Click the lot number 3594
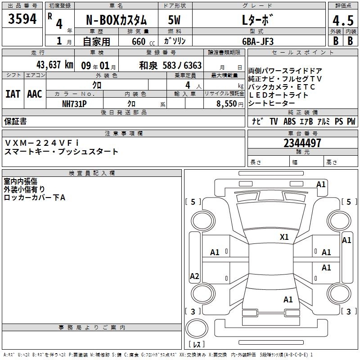22,19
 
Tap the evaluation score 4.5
343,20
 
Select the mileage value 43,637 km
55,65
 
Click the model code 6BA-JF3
258,41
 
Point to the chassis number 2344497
302,143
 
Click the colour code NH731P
74,104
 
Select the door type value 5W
174,20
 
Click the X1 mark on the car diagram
284,237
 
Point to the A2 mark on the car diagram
194,276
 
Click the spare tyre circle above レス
197,328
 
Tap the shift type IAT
13,94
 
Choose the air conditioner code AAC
35,94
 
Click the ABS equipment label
289,121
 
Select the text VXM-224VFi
42,143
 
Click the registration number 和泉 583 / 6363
171,65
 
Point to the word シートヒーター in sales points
271,103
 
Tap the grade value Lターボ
257,20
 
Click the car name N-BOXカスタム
117,20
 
